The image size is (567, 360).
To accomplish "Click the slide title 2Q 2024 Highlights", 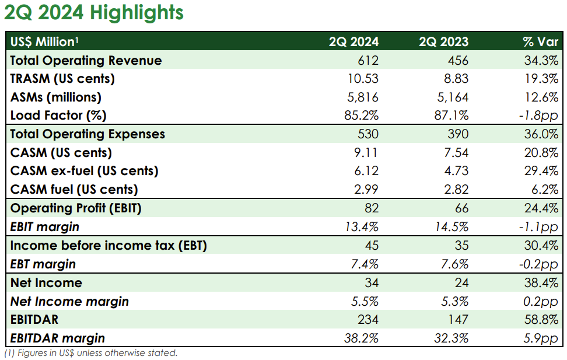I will pyautogui.click(x=94, y=13).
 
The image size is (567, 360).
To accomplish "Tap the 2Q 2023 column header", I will pyautogui.click(x=443, y=41).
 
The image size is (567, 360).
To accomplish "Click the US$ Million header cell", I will pyautogui.click(x=44, y=41).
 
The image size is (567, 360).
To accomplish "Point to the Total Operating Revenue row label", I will pyautogui.click(x=86, y=60).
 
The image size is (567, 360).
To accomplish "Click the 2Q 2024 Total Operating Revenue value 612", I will pyautogui.click(x=369, y=60).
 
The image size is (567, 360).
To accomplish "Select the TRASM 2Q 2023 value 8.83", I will pyautogui.click(x=456, y=79).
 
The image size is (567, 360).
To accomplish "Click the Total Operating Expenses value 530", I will pyautogui.click(x=369, y=134).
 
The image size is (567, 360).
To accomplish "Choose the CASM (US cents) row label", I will pyautogui.click(x=61, y=153).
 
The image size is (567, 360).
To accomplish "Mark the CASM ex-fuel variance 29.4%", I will pyautogui.click(x=542, y=171).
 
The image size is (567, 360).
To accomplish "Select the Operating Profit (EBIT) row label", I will pyautogui.click(x=76, y=208).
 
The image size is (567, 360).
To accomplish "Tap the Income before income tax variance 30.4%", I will pyautogui.click(x=542, y=246).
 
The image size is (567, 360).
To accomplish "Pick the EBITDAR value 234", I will pyautogui.click(x=369, y=319).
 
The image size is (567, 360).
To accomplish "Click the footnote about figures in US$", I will pyautogui.click(x=90, y=352).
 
